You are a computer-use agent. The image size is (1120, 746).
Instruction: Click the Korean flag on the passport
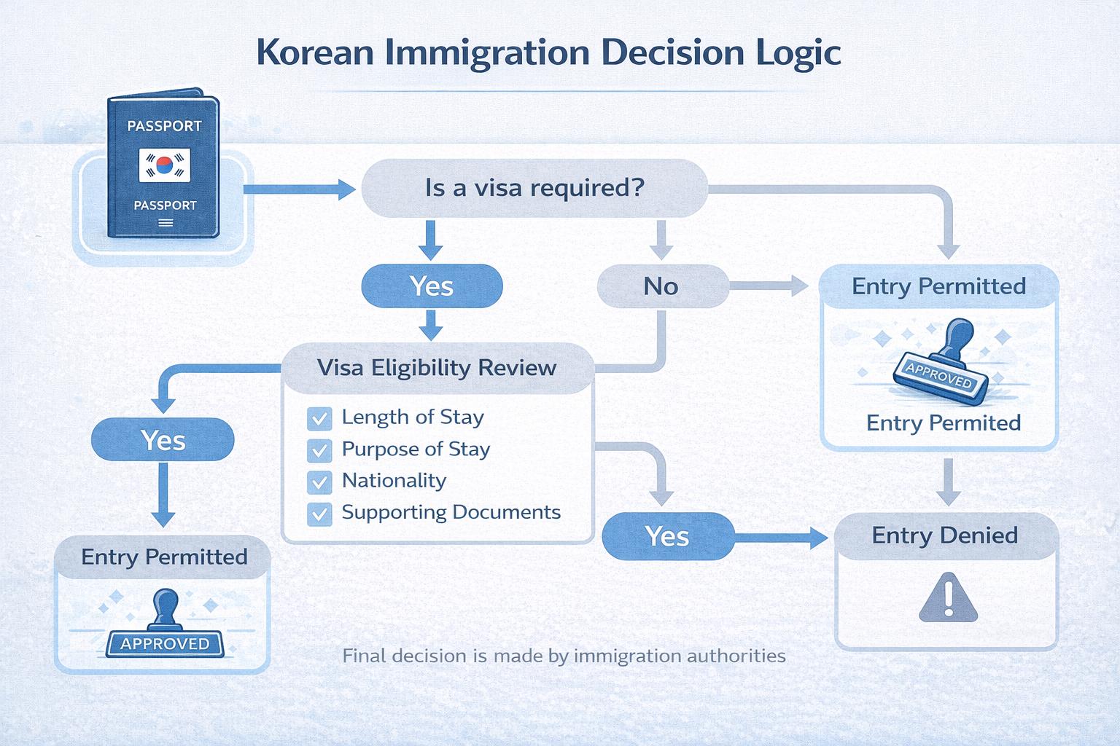[165, 165]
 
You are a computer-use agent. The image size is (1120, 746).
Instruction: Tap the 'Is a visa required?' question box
[534, 188]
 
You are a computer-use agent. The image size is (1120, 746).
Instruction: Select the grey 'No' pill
[661, 286]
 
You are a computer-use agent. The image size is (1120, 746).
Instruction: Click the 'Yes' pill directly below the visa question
[432, 286]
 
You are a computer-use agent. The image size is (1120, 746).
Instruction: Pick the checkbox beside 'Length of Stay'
[319, 418]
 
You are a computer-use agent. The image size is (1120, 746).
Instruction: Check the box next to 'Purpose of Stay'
[319, 450]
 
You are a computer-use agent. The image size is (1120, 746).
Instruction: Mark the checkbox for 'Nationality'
[319, 482]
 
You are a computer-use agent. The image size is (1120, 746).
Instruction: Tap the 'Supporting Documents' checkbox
[319, 514]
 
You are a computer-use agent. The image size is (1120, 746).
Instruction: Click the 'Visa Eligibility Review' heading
[437, 367]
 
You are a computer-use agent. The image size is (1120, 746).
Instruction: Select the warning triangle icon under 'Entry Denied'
[947, 597]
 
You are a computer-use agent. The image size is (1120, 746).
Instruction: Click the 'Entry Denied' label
[945, 535]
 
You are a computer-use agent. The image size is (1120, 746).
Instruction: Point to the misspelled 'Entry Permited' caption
[943, 423]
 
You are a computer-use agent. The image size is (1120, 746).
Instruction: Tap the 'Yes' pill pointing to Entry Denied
[667, 537]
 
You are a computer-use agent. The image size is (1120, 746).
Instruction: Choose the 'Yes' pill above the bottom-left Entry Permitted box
[163, 441]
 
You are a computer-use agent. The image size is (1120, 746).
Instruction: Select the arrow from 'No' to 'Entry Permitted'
[769, 286]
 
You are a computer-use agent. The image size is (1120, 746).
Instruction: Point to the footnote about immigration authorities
[564, 656]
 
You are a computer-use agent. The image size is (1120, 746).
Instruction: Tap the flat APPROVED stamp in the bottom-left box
[165, 643]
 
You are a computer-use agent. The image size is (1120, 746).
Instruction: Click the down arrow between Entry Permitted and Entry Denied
[947, 481]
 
